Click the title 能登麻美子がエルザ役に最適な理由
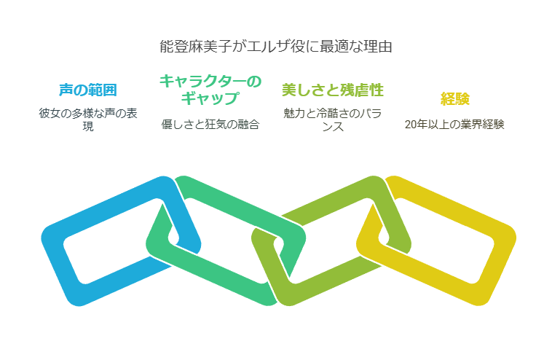[276, 47]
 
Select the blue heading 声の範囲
[88, 90]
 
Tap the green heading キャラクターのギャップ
[210, 90]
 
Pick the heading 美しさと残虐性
[333, 90]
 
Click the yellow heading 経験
[455, 98]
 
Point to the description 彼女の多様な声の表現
[88, 120]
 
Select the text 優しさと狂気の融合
[210, 125]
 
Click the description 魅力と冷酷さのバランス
[333, 120]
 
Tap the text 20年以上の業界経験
[454, 125]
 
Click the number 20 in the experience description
[410, 125]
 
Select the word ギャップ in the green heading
[210, 98]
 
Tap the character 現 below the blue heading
[88, 127]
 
